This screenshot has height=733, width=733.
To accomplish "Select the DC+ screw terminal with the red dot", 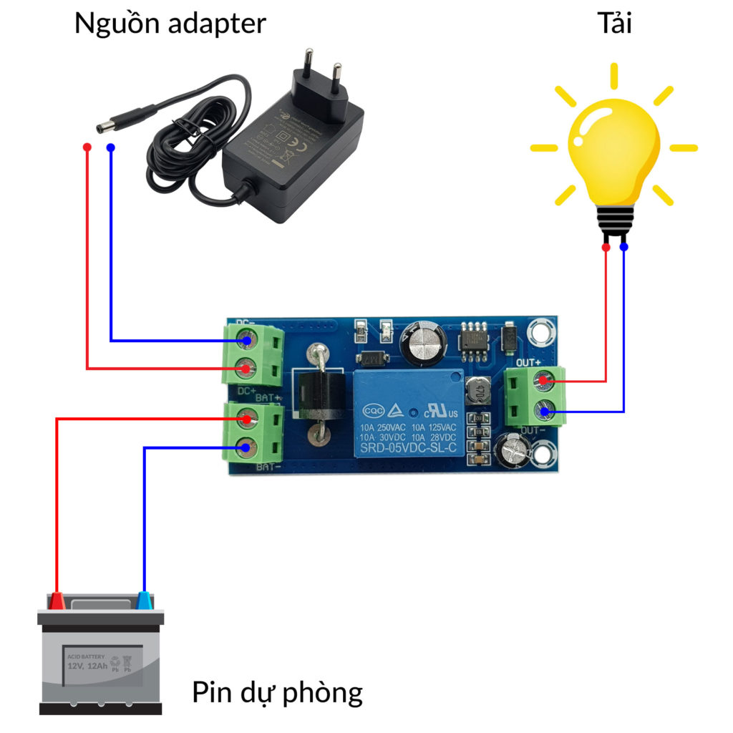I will coord(247,369).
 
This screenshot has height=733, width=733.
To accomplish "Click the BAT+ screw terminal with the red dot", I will coord(247,418).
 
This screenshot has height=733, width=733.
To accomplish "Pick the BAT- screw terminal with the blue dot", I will coord(247,448).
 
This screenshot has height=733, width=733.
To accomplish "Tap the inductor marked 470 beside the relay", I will coord(477,392).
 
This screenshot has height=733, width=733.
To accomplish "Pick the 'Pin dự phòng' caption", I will coord(277,692).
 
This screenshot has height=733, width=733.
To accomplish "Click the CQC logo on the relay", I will coord(374,412).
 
